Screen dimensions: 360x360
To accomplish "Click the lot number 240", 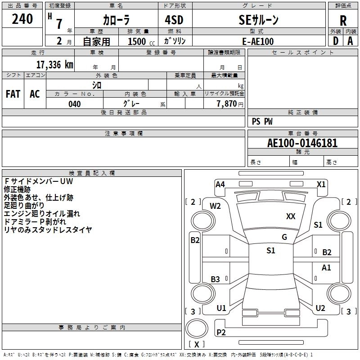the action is tap(22, 19).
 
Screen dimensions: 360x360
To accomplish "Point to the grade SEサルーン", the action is tap(258, 20).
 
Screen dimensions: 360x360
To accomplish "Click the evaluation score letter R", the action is tap(343, 21).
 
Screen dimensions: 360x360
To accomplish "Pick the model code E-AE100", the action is tap(258, 41).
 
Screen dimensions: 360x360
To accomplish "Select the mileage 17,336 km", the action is tap(54, 64).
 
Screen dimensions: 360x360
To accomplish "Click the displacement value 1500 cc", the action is tap(140, 41).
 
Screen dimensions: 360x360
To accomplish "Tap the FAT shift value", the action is tap(13, 94).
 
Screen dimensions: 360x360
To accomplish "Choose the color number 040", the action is tap(75, 104).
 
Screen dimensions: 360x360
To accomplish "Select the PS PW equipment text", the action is tap(262, 121).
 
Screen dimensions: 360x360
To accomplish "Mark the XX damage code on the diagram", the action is tap(291, 216).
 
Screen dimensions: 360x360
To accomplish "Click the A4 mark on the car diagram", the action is tap(220, 184).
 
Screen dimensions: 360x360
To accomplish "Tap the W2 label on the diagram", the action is tap(215, 206).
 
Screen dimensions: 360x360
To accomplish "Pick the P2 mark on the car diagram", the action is tap(221, 333).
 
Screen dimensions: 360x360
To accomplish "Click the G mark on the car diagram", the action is tap(284, 237).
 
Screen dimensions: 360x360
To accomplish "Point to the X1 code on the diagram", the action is tap(321, 184).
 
